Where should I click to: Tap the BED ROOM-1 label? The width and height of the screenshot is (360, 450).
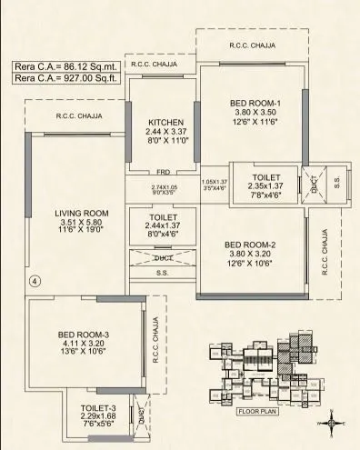coord(255,103)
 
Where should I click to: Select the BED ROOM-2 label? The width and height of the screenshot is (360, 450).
coord(255,245)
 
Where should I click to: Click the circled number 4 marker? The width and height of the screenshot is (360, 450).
coord(34,281)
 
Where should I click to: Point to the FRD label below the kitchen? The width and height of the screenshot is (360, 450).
coord(163,171)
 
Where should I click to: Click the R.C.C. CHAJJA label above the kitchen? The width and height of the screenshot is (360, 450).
coord(155,65)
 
